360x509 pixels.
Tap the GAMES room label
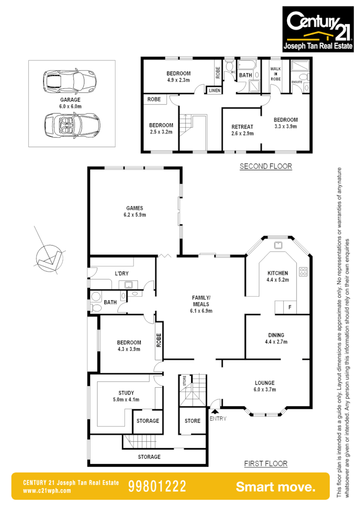pos(135,208)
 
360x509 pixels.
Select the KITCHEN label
pos(277,272)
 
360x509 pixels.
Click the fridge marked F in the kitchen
pos(289,307)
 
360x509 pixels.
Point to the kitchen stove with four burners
pos(303,272)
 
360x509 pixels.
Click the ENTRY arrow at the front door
pos(215,411)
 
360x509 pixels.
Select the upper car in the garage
pos(70,82)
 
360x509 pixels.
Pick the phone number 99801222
pos(157,486)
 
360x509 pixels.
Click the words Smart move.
pos(276,487)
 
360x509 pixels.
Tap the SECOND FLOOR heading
pos(265,166)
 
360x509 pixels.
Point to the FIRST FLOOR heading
pos(265,463)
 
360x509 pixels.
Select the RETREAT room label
pos(242,127)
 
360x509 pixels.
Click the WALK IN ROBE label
pos(276,74)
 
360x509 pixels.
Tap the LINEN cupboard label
pos(214,90)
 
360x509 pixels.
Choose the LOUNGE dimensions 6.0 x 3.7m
pos(264,390)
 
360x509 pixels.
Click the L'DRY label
pos(121,273)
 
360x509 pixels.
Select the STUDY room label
pos(126,392)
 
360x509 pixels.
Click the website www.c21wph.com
pos(47,491)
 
